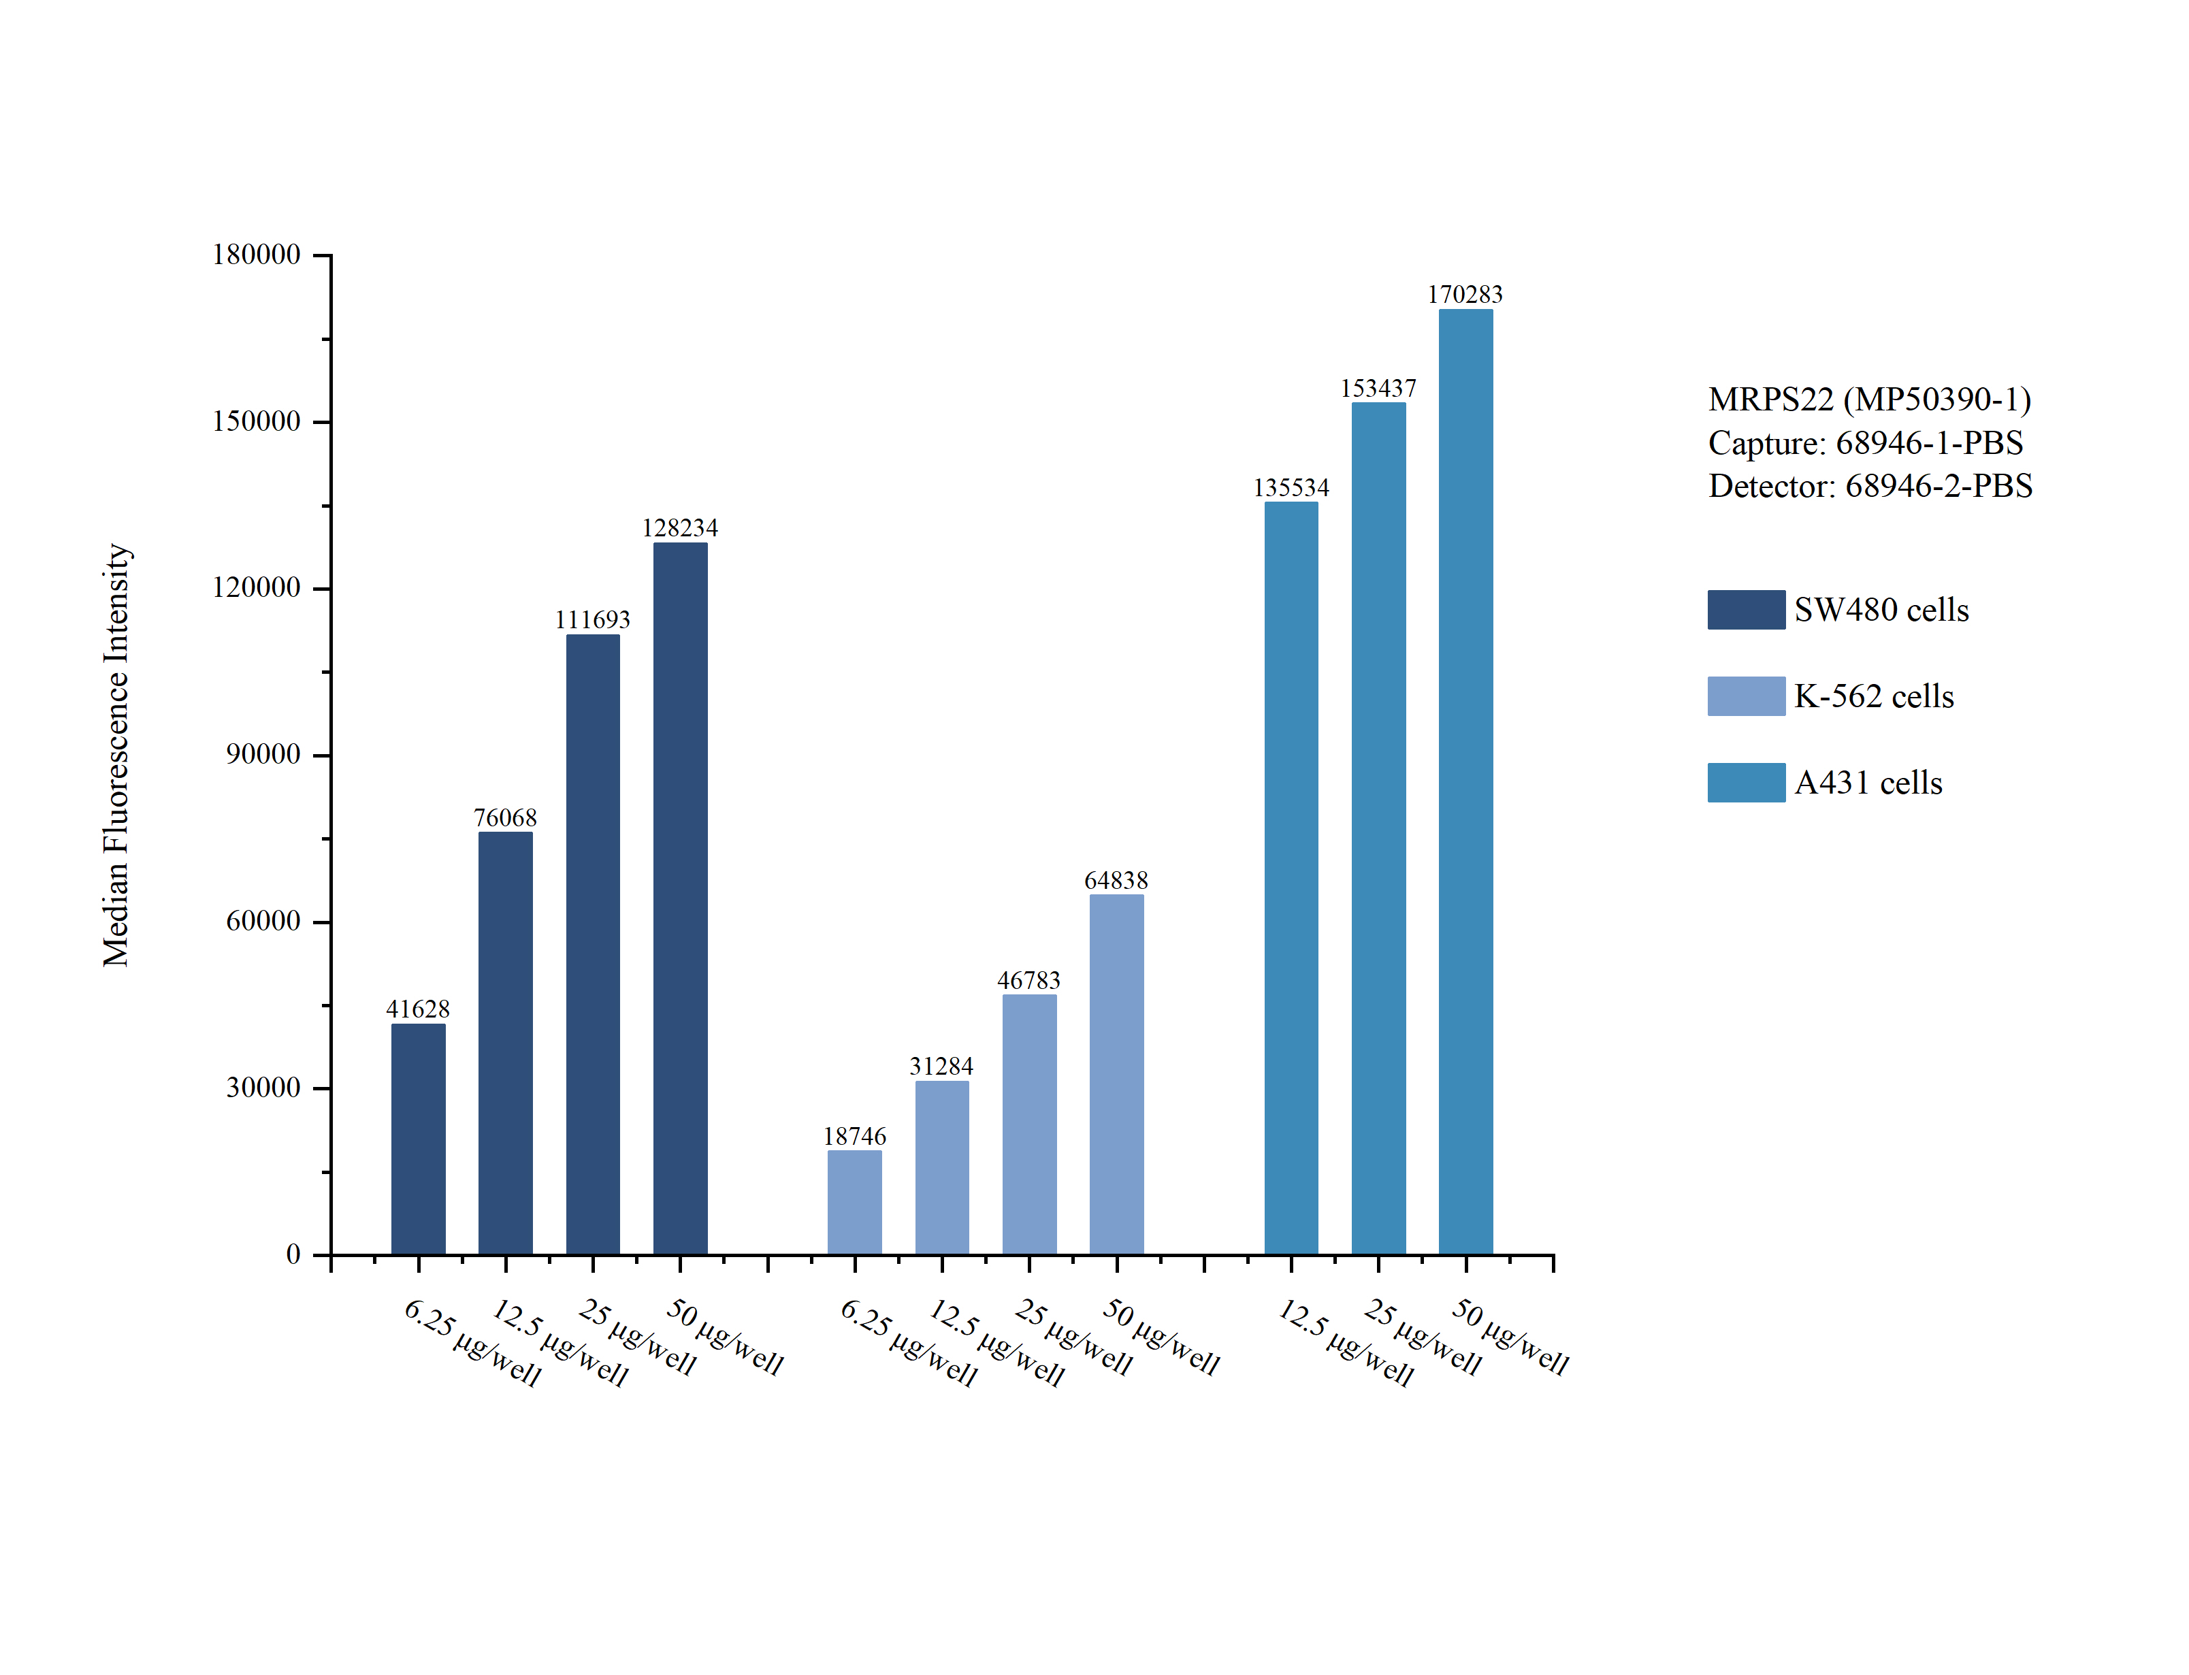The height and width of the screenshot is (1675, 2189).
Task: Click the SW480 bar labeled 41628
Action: (418, 1139)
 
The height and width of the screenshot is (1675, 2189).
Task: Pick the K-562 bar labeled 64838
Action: (1116, 1074)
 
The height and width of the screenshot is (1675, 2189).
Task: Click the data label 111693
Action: (592, 619)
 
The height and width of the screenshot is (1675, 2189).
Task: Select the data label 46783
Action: (1028, 980)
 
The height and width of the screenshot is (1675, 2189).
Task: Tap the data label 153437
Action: (1378, 388)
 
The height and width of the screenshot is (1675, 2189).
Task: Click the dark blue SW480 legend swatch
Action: (1745, 609)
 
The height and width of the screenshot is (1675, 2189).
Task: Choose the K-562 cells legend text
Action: (1873, 696)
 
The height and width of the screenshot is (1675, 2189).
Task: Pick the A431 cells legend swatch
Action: (1745, 783)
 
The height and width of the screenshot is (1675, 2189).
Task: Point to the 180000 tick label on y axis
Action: (256, 255)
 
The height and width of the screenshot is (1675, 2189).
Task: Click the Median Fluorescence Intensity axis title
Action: (116, 755)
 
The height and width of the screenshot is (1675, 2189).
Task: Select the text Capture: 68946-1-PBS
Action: (1865, 442)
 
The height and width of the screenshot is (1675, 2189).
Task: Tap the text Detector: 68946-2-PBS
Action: (1870, 485)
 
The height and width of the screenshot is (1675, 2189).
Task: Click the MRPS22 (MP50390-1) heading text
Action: (1869, 399)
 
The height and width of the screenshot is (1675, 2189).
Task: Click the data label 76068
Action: (505, 817)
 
